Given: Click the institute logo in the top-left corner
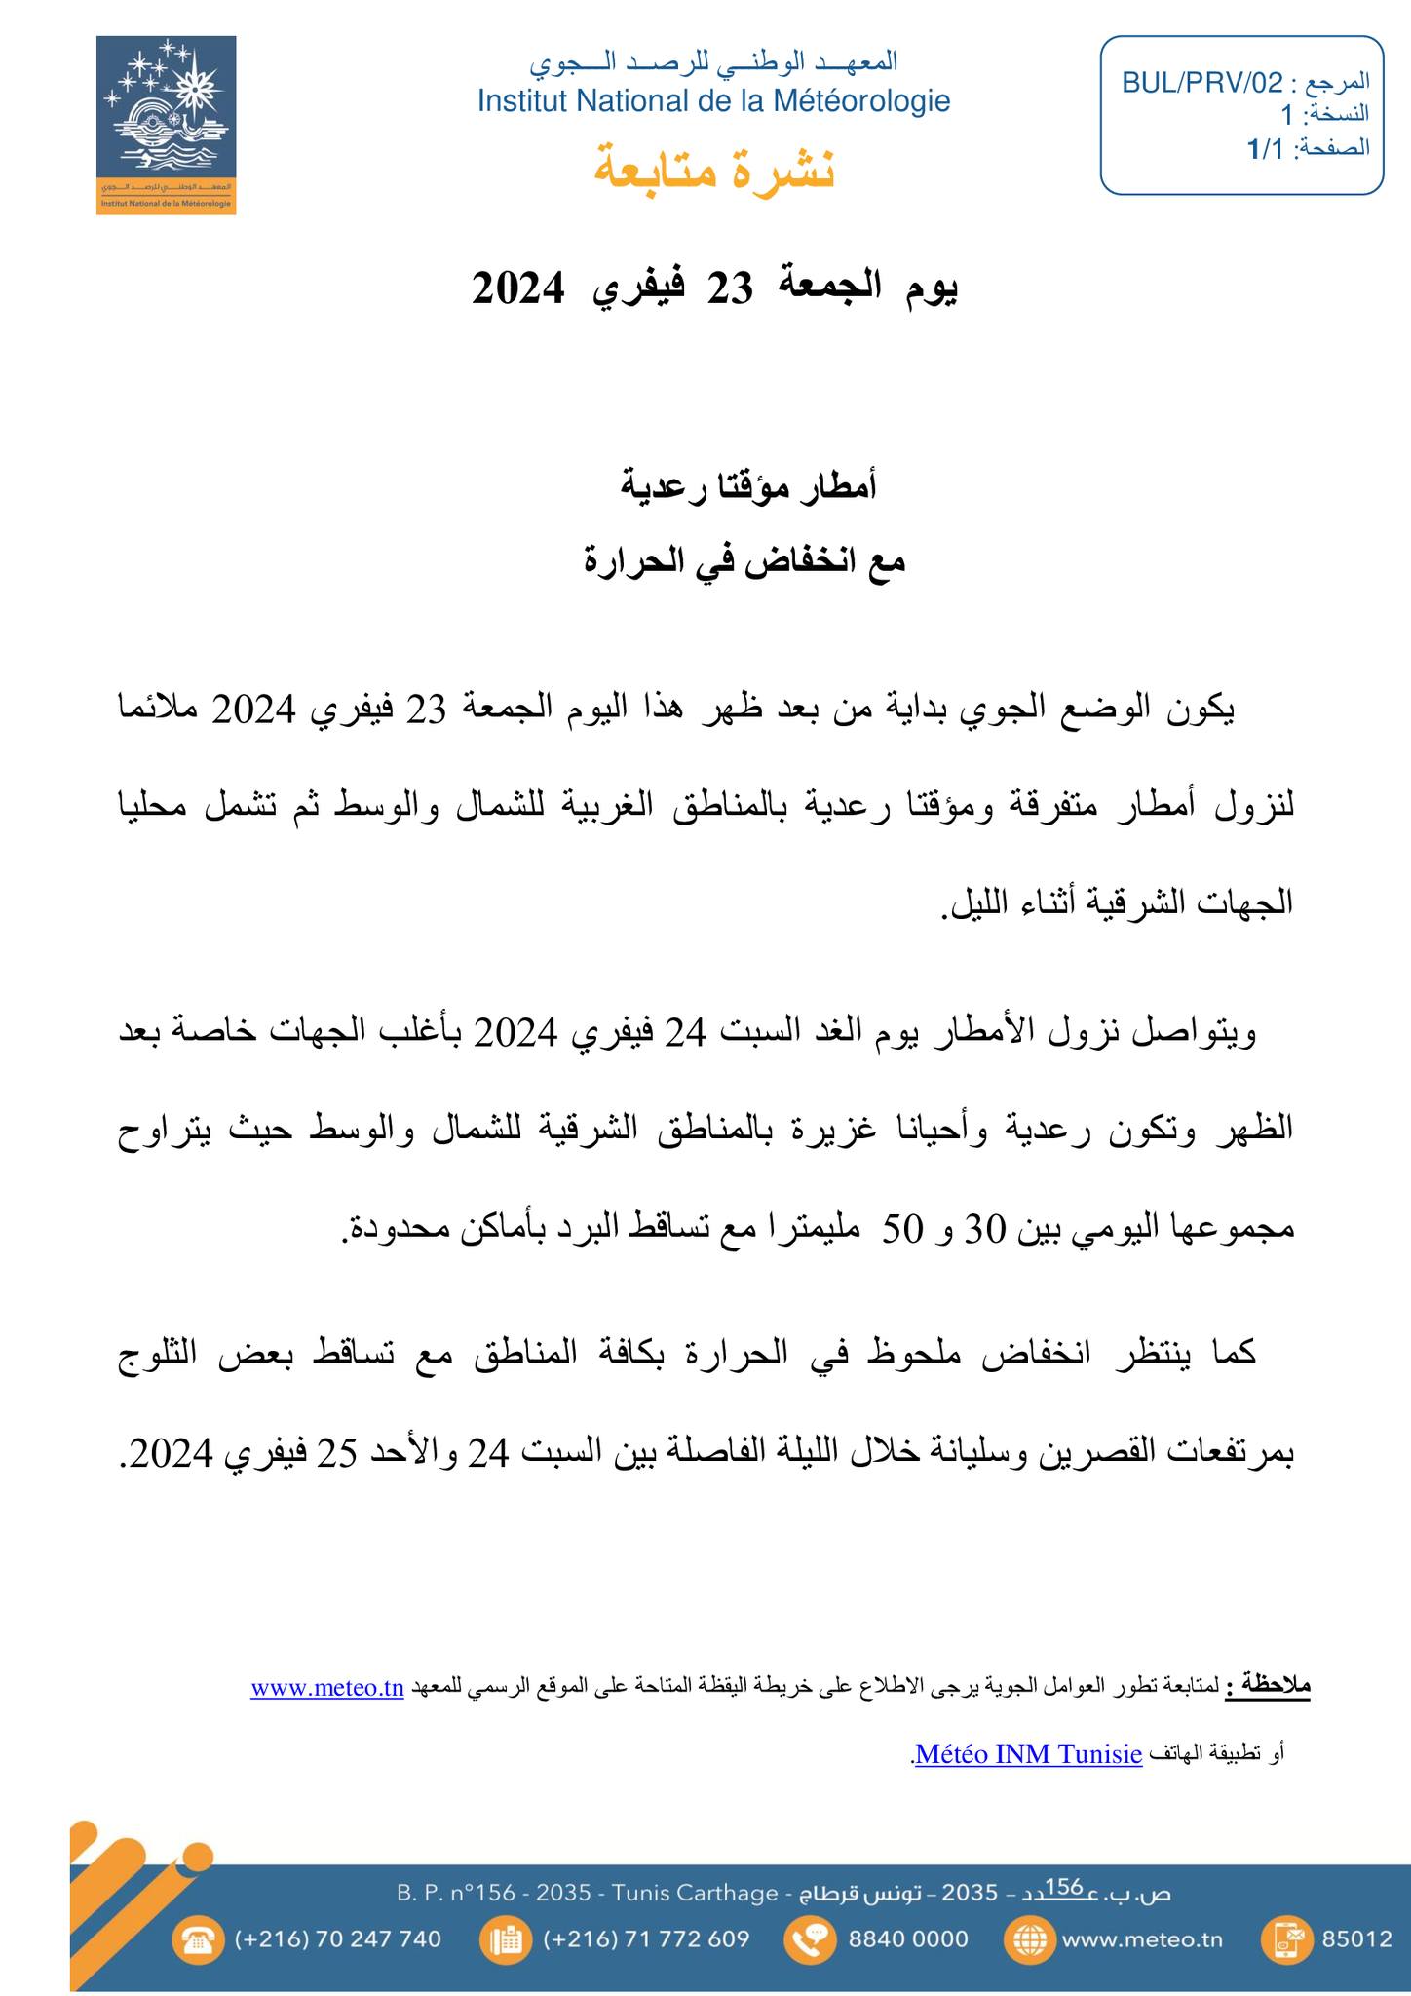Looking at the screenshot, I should (166, 125).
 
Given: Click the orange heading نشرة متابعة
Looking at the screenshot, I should (714, 169).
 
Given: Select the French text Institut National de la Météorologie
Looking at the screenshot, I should (713, 101).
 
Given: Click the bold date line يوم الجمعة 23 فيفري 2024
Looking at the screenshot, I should (714, 288).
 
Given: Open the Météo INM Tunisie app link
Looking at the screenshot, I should (1029, 1754).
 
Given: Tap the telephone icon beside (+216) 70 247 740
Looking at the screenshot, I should (198, 1938).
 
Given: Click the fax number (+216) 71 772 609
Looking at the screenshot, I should (646, 1938).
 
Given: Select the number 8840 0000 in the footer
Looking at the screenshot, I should (908, 1938).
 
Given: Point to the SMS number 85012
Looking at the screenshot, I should (1356, 1938).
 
